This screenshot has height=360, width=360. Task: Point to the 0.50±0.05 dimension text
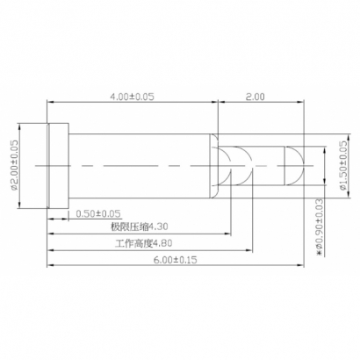(x=98, y=213)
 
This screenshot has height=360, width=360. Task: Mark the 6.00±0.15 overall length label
(x=176, y=261)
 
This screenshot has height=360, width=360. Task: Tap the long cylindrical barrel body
(x=140, y=164)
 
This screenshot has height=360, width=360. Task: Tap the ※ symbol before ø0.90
(x=319, y=256)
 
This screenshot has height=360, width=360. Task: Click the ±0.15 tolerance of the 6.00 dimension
(x=186, y=261)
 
